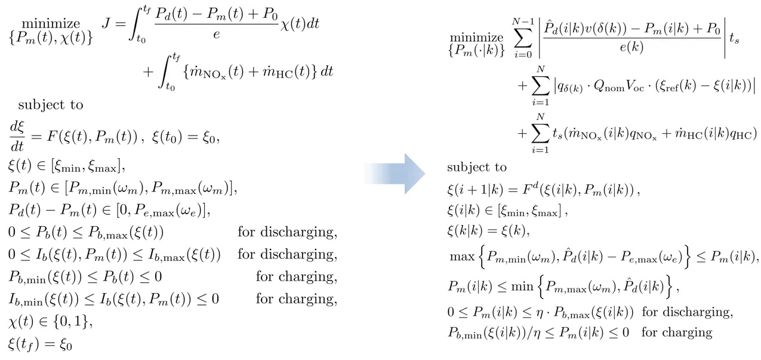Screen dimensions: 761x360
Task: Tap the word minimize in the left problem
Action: [x=57, y=24]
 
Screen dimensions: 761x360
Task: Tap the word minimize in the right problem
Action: [x=476, y=38]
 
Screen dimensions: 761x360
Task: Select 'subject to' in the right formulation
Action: [x=476, y=167]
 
